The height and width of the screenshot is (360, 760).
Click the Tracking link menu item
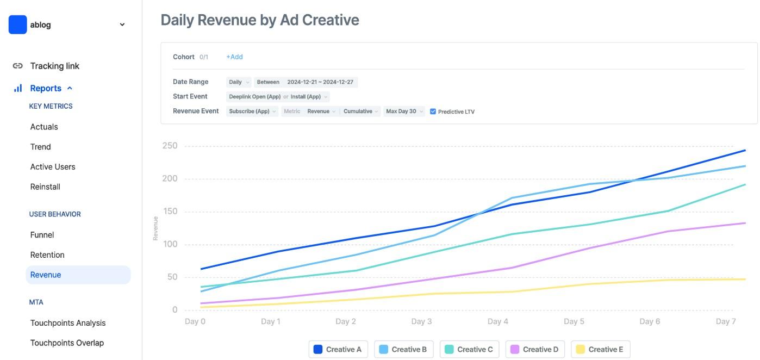click(x=54, y=66)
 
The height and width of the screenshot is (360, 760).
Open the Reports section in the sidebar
click(x=46, y=88)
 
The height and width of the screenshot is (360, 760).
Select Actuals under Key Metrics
click(x=44, y=127)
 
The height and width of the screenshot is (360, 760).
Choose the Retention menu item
click(x=47, y=255)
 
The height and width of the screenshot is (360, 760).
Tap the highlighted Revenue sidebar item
click(x=78, y=275)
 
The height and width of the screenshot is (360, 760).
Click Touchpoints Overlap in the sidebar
click(x=67, y=343)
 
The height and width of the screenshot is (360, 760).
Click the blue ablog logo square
click(x=17, y=24)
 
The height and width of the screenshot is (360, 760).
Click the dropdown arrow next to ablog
click(x=122, y=24)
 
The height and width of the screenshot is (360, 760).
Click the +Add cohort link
click(x=234, y=57)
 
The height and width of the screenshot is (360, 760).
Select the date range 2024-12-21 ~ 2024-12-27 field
click(x=320, y=82)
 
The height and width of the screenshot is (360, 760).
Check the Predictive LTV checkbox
click(x=433, y=111)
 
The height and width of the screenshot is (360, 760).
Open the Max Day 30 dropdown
click(x=404, y=111)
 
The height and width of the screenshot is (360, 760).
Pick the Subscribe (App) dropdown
click(x=252, y=111)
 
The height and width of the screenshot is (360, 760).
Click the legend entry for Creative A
click(x=338, y=349)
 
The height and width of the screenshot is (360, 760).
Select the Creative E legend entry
click(x=601, y=349)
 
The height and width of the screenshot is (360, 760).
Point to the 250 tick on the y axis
click(x=170, y=146)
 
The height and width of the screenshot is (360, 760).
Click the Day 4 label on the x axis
click(x=498, y=321)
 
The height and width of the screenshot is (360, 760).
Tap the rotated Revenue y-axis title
click(x=155, y=228)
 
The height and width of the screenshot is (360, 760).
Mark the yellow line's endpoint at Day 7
click(x=745, y=280)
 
